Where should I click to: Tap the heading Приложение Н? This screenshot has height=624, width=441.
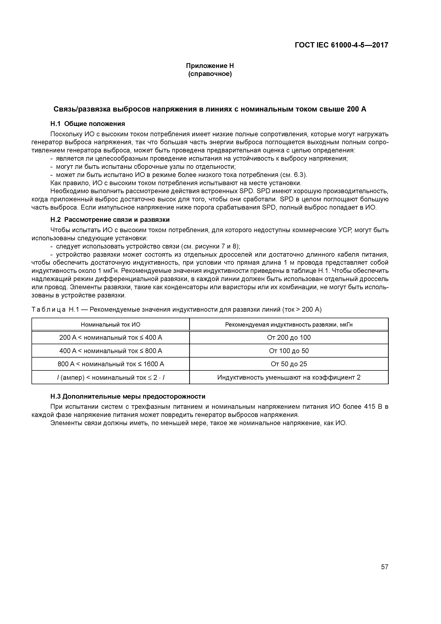click(x=210, y=66)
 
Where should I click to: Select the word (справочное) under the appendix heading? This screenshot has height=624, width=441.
click(x=210, y=74)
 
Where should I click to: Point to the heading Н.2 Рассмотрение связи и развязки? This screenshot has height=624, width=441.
click(x=110, y=220)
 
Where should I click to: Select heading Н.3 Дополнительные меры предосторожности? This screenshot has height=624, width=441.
click(x=128, y=396)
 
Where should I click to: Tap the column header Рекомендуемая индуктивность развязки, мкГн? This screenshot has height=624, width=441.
click(x=289, y=324)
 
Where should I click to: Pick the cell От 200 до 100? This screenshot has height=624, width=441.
click(x=289, y=338)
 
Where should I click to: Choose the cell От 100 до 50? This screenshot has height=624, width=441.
click(x=289, y=351)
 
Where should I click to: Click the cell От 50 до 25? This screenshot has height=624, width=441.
click(x=289, y=364)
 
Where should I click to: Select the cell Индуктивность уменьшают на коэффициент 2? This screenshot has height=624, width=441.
click(x=289, y=377)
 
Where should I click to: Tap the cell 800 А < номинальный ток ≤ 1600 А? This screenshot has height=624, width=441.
click(x=111, y=364)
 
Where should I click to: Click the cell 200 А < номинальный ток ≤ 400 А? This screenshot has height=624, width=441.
click(x=111, y=338)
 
